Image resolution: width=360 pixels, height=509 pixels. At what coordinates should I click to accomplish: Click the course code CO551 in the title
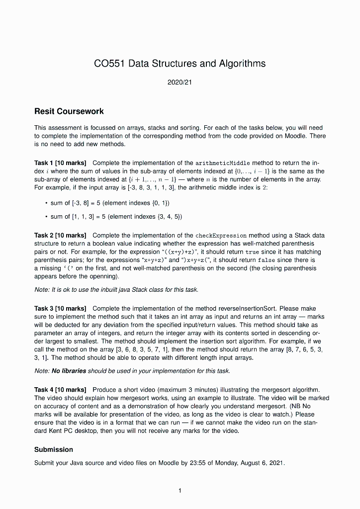point(109,64)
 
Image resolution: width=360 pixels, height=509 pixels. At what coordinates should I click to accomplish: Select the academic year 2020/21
point(180,82)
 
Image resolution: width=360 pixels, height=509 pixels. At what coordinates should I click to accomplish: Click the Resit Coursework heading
point(69,111)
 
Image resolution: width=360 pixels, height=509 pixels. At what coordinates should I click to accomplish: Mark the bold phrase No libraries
point(69,371)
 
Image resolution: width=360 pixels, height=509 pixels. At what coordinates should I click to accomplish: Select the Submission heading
point(54,449)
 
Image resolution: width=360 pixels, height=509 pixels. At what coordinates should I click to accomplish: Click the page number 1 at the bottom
point(180,491)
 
